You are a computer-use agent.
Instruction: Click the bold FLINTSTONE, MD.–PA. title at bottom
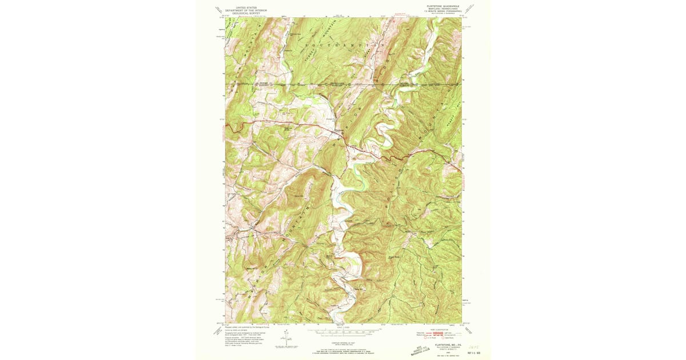(x=444, y=344)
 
